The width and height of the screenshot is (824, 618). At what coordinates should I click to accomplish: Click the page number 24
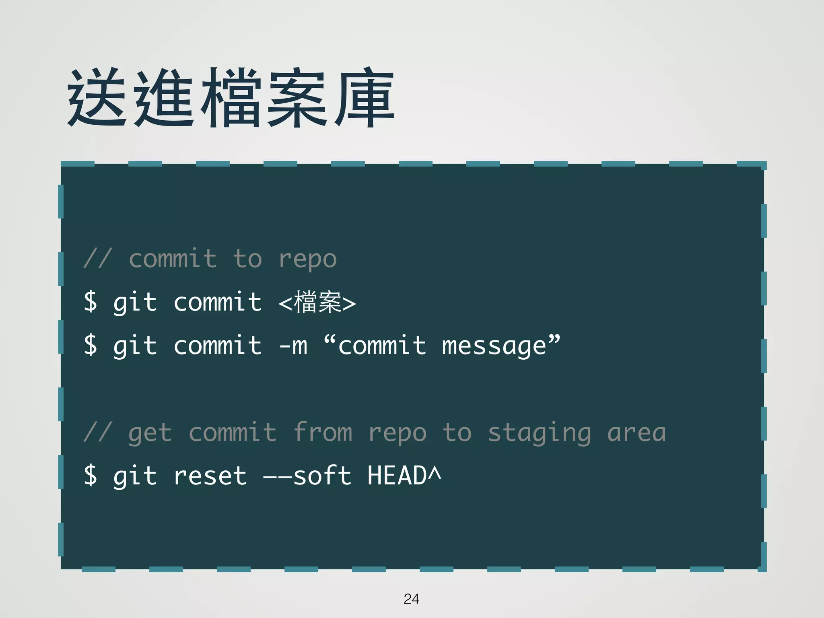coord(411,599)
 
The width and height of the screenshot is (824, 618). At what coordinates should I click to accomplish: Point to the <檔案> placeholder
coord(317,303)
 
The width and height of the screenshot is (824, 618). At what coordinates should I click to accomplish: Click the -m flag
coord(293,346)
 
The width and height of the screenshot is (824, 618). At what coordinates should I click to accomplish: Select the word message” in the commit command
coord(501,346)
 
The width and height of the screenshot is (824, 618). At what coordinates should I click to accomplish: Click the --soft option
coord(307,476)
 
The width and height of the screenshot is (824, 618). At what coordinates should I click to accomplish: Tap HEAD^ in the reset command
coord(404,476)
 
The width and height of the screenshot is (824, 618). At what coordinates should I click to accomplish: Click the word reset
coord(210,476)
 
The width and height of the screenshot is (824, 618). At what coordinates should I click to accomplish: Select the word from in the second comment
coord(323,433)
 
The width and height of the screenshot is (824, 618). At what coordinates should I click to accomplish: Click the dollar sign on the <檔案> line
coord(91,302)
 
